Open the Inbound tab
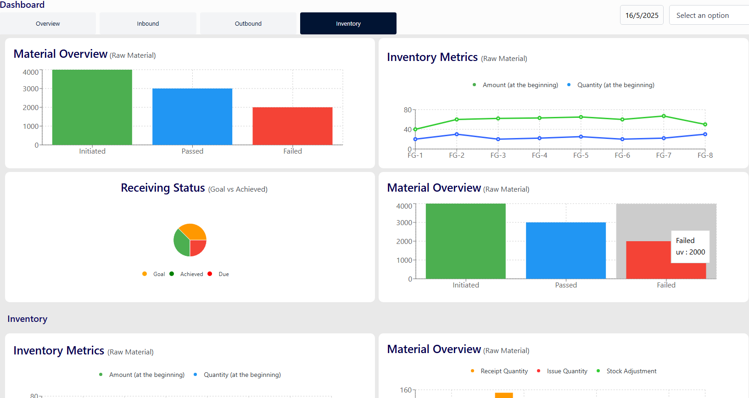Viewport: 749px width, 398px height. pyautogui.click(x=148, y=23)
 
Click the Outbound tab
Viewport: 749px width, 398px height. pyautogui.click(x=248, y=23)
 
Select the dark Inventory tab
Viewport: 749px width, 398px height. pyautogui.click(x=348, y=23)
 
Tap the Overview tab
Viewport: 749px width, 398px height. pyautogui.click(x=48, y=23)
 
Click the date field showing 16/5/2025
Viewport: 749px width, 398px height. pyautogui.click(x=642, y=15)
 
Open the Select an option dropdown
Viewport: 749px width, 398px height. pyautogui.click(x=707, y=15)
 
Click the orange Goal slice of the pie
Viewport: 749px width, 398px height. pyautogui.click(x=194, y=231)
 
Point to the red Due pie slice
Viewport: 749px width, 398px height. pyautogui.click(x=197, y=248)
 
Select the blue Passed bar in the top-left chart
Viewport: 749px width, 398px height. pyautogui.click(x=192, y=116)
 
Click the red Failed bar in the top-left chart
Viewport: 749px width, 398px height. pyautogui.click(x=292, y=126)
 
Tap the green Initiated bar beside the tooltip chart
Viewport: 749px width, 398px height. pyautogui.click(x=465, y=241)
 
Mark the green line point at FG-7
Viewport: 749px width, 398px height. pyautogui.click(x=664, y=116)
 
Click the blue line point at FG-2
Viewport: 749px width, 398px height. pyautogui.click(x=457, y=134)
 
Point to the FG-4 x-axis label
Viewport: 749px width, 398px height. pyautogui.click(x=539, y=155)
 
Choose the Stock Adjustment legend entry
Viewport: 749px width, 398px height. pyautogui.click(x=631, y=371)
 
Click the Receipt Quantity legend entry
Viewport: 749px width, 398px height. pyautogui.click(x=504, y=371)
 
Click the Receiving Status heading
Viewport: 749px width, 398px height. pyautogui.click(x=163, y=188)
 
